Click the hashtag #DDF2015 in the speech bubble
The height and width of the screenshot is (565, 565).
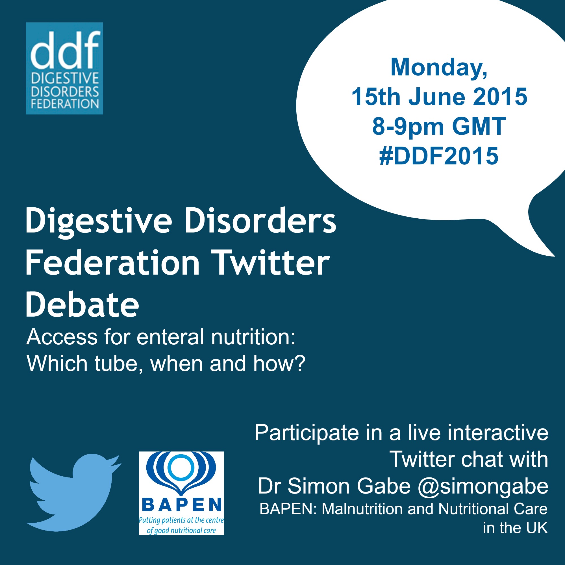pos(439,156)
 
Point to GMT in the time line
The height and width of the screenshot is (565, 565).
pos(479,126)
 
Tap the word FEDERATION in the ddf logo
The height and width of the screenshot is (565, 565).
pos(65,104)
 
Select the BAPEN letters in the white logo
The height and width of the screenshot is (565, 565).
pos(181,505)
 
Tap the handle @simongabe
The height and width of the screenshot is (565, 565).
pos(483,487)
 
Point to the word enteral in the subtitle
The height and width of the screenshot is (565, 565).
pos(172,337)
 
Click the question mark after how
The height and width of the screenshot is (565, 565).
pos(299,363)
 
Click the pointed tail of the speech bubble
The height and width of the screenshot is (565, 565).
pos(554,256)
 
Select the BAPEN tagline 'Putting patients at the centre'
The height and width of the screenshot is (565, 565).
pos(181,520)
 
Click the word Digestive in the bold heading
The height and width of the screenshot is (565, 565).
pos(99,221)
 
